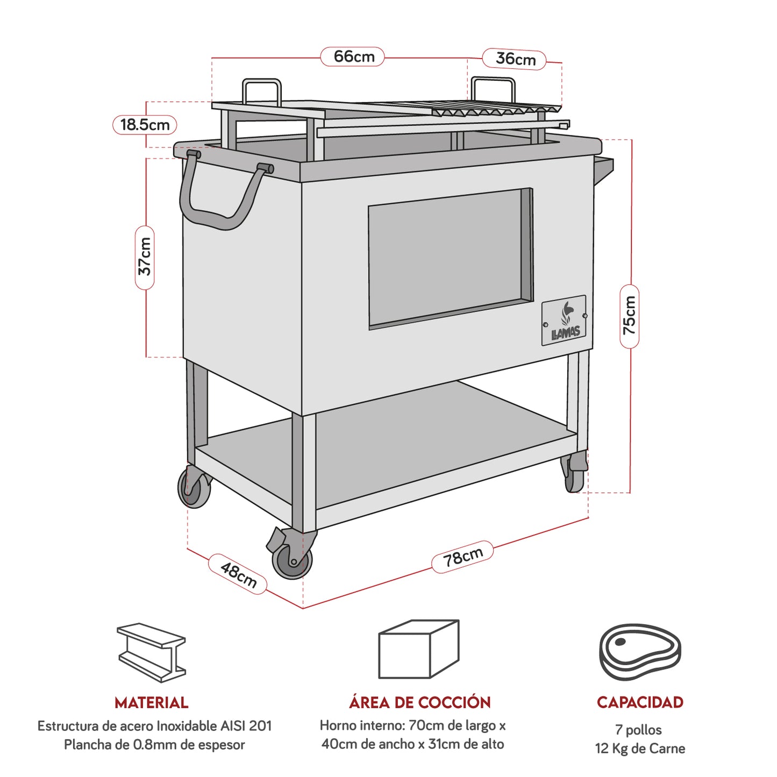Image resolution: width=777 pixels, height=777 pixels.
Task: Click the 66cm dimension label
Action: pyautogui.click(x=353, y=56)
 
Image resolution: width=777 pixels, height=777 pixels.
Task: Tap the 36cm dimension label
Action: pyautogui.click(x=515, y=59)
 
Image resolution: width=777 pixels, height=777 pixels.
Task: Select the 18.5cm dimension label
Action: pyautogui.click(x=145, y=125)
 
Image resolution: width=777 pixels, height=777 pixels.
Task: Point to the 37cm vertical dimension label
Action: pyautogui.click(x=145, y=256)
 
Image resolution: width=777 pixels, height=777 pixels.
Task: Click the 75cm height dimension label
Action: pyautogui.click(x=629, y=316)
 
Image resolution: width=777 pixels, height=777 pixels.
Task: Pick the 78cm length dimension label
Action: pyautogui.click(x=462, y=557)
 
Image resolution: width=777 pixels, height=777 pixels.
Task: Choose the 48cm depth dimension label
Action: pyautogui.click(x=238, y=574)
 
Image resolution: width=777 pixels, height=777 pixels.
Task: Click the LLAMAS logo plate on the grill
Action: pyautogui.click(x=564, y=320)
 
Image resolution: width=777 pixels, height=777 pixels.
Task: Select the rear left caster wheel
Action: pyautogui.click(x=194, y=488)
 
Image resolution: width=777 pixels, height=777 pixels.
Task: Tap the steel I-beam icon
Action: pyautogui.click(x=152, y=652)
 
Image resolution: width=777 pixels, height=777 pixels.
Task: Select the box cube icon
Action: pyautogui.click(x=418, y=649)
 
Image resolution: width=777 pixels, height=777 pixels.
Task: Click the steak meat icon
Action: pyautogui.click(x=640, y=652)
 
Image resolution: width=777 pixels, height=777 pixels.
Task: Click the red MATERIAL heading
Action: pyautogui.click(x=152, y=703)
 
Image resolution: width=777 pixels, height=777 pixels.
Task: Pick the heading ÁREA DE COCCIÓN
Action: pyautogui.click(x=419, y=702)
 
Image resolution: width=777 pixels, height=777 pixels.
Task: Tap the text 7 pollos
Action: pyautogui.click(x=638, y=730)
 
